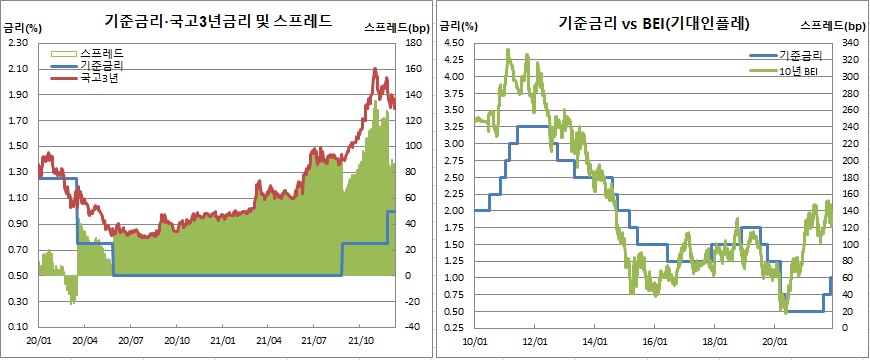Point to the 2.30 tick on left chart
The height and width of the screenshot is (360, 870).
(x=17, y=43)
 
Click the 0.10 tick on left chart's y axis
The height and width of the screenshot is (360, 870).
(x=17, y=327)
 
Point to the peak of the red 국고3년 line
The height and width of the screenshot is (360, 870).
(x=374, y=68)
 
